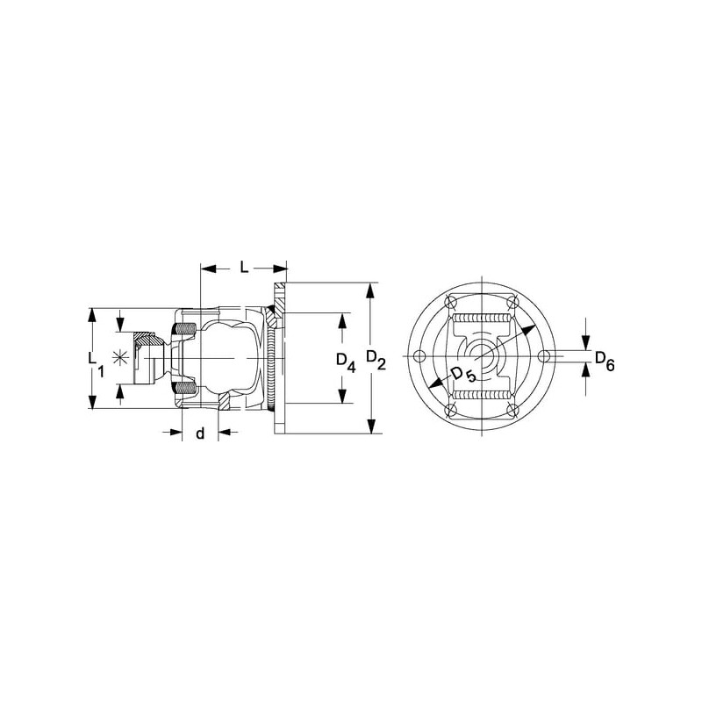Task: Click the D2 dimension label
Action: (x=376, y=360)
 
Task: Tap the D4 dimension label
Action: (x=346, y=362)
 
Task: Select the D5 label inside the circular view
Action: (x=463, y=375)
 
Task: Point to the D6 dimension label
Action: (x=605, y=361)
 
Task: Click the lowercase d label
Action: (x=200, y=433)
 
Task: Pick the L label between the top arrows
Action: (x=244, y=268)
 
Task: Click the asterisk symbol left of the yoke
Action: (x=119, y=357)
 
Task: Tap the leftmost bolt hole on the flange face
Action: (x=419, y=356)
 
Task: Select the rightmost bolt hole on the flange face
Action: (x=543, y=356)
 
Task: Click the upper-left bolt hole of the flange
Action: (x=450, y=302)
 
